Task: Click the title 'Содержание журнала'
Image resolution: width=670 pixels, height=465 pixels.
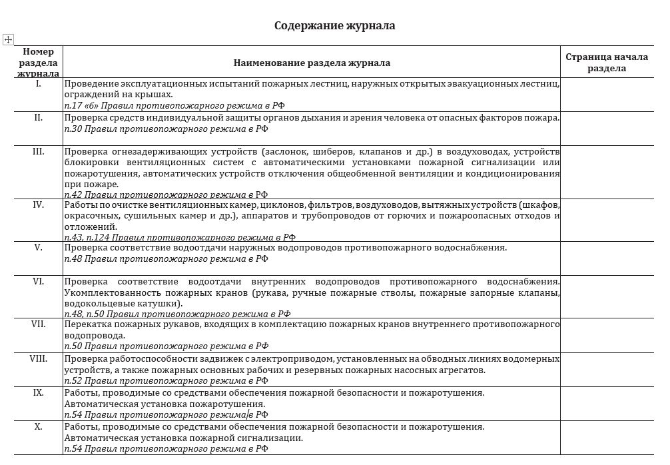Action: [335, 26]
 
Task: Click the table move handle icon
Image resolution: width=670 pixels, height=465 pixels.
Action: [9, 40]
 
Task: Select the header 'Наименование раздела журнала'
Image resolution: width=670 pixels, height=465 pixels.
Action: [312, 63]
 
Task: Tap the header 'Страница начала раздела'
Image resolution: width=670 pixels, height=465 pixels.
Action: [607, 63]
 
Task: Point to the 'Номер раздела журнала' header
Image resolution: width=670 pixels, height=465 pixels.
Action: [38, 63]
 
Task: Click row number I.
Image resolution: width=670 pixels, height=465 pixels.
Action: [38, 85]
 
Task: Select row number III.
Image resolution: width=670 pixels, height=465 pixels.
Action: [38, 151]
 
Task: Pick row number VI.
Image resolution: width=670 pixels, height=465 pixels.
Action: [38, 281]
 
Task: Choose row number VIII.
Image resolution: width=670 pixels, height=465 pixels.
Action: [38, 358]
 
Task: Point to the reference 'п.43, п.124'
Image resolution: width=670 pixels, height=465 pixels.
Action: [87, 236]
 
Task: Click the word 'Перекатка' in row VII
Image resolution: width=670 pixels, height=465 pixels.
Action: [87, 324]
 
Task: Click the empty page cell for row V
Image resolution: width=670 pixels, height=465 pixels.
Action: [607, 258]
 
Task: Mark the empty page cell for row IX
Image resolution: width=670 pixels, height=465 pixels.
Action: [607, 403]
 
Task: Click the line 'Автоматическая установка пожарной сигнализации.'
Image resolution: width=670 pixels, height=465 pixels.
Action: [184, 438]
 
